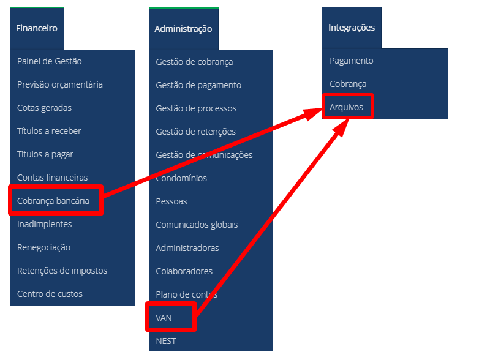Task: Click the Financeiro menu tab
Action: (37, 28)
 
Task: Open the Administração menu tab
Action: (183, 29)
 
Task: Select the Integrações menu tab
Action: (352, 28)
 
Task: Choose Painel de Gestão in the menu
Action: (50, 61)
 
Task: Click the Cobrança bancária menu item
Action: (53, 201)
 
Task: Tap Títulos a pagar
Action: (45, 154)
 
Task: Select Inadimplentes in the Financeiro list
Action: (45, 224)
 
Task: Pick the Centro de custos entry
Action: (50, 294)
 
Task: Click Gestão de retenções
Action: (196, 132)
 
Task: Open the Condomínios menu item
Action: (181, 178)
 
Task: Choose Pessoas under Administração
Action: (171, 201)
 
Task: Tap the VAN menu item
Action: (164, 318)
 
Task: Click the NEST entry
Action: (166, 341)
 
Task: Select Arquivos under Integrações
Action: (347, 107)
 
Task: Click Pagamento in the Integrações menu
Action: (351, 61)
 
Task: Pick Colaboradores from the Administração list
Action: (184, 271)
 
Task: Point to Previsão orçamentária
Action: (60, 84)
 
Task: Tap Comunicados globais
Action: (197, 225)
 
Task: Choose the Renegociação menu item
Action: (43, 247)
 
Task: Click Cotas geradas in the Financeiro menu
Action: (44, 108)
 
